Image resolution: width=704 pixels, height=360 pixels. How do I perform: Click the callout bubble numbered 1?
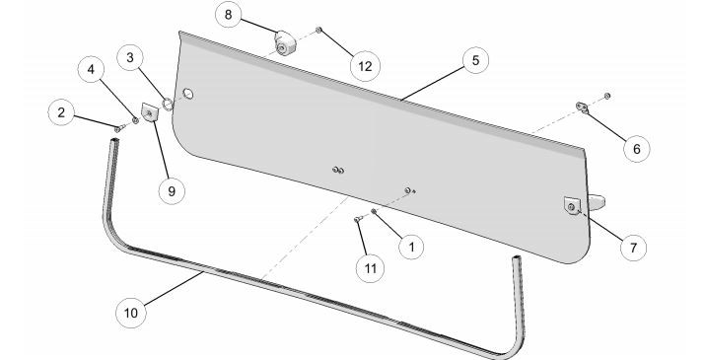[x=409, y=246]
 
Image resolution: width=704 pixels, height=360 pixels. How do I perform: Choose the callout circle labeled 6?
[x=636, y=148]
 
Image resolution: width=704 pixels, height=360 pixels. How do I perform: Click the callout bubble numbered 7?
[x=631, y=247]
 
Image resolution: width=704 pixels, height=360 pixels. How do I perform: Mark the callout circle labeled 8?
[x=229, y=17]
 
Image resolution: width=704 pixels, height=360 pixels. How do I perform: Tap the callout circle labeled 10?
[x=131, y=313]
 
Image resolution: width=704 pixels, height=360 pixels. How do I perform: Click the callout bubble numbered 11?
[x=368, y=266]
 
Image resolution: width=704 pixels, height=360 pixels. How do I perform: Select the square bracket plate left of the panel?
[x=151, y=114]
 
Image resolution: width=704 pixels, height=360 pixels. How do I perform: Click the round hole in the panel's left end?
[x=189, y=94]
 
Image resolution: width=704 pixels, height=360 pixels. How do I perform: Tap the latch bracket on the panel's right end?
[x=575, y=206]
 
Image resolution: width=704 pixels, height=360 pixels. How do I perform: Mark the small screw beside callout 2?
[x=118, y=127]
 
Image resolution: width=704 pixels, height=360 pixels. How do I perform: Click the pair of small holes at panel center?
[x=338, y=170]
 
